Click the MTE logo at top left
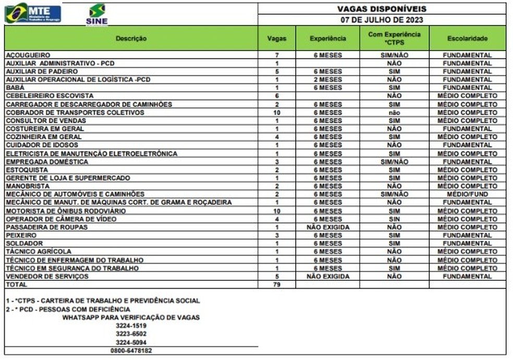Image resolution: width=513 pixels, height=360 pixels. click(33, 13)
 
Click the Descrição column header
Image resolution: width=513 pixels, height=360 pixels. click(131, 39)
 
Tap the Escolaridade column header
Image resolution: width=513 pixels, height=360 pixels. click(467, 39)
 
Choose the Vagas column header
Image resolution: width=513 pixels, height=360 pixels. click(276, 39)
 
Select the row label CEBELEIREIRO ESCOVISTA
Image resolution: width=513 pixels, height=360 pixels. click(49, 96)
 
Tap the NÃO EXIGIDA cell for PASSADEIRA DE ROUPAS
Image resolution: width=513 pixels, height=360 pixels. click(327, 227)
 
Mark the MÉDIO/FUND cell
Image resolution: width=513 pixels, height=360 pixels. click(467, 194)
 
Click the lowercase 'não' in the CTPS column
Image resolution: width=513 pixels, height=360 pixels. click(394, 113)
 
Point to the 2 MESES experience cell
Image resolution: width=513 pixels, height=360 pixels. click(327, 80)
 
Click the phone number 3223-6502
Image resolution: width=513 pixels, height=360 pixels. click(131, 334)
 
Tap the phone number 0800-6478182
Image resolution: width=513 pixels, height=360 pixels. click(131, 351)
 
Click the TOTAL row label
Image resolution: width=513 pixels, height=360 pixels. click(16, 285)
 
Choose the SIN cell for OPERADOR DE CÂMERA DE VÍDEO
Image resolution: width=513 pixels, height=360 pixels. click(394, 219)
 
